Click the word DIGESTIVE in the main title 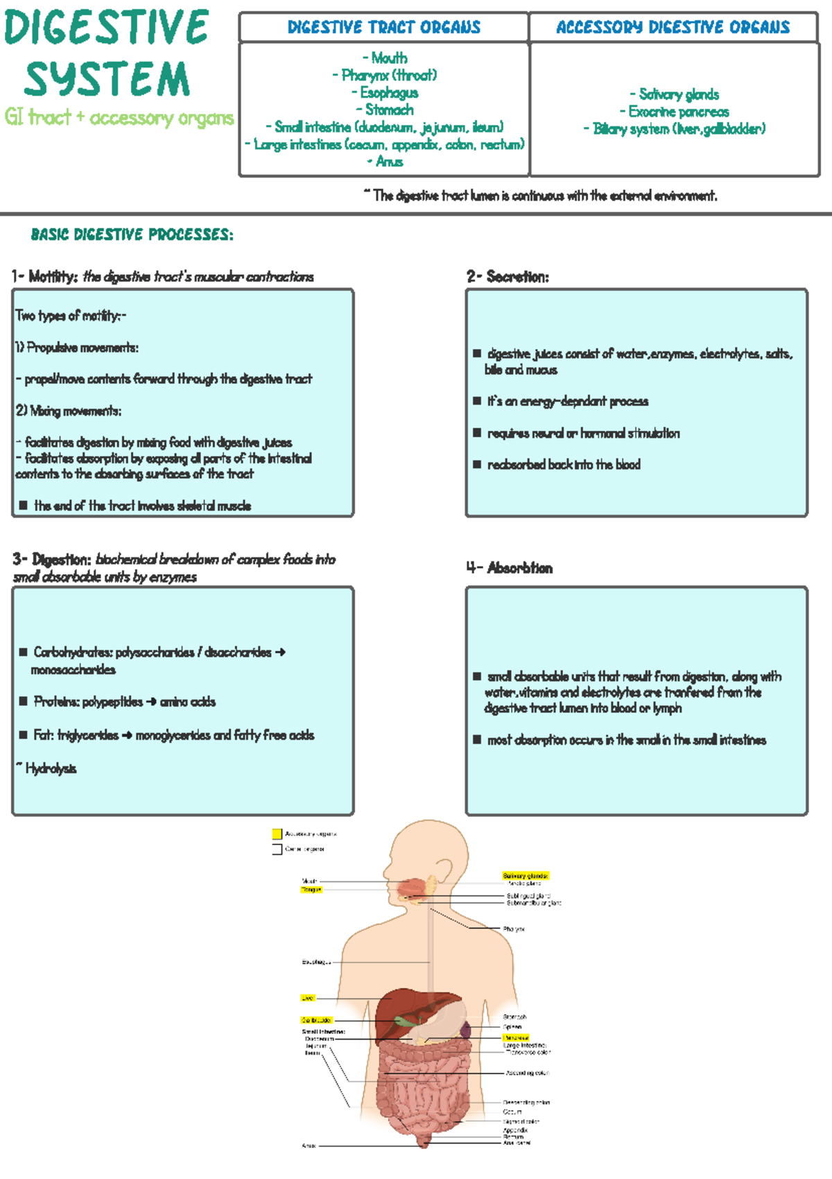[106, 28]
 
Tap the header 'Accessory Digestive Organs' [673, 27]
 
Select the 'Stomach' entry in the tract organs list [389, 110]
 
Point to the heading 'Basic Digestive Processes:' [132, 235]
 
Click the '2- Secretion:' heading [508, 277]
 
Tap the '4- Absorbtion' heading [510, 568]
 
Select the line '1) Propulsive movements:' [77, 348]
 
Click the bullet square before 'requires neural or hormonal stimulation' [477, 433]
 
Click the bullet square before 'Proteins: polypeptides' [24, 702]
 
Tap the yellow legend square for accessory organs [277, 834]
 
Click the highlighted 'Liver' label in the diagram [308, 998]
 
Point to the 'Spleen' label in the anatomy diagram [512, 1026]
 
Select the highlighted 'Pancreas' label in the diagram [516, 1037]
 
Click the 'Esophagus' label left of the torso [316, 962]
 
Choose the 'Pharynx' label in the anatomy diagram [514, 928]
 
